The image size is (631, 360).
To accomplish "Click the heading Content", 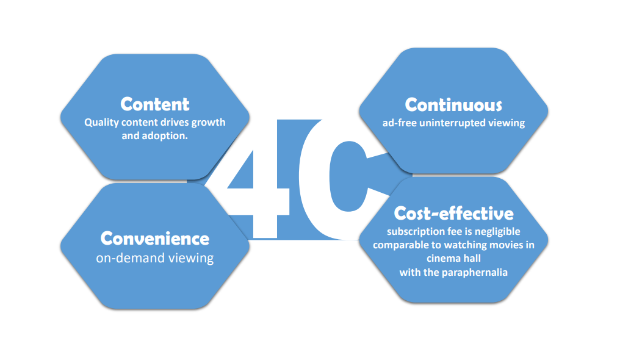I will pyautogui.click(x=155, y=104).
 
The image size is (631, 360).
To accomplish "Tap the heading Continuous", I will pyautogui.click(x=453, y=105).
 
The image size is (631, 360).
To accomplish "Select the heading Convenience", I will pyautogui.click(x=155, y=238).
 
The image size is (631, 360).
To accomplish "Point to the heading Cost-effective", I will pyautogui.click(x=453, y=214).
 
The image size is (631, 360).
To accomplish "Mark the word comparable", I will pyautogui.click(x=400, y=245).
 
